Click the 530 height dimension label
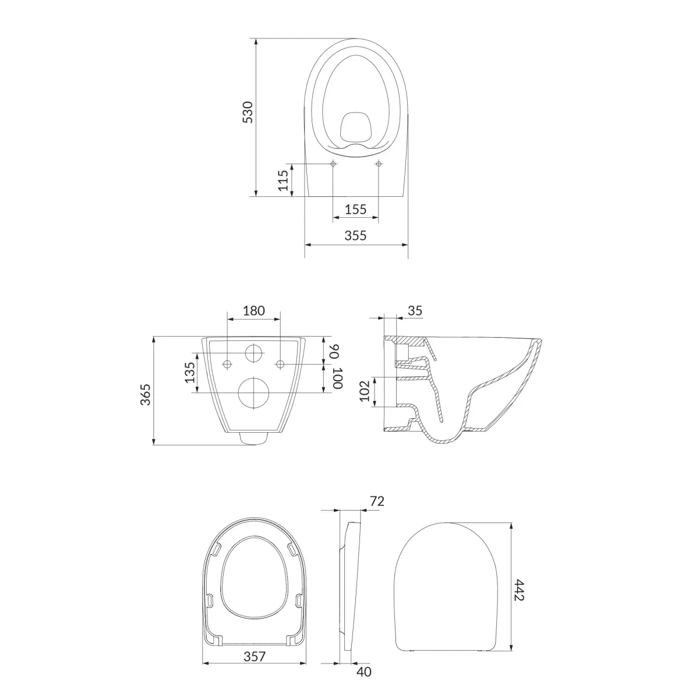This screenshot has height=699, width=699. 248,112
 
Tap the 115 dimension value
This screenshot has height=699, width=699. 283,180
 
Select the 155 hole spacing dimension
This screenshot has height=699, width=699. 355,209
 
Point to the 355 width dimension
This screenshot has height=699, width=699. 355,235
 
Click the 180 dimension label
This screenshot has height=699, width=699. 253,310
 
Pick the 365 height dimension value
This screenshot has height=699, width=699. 145,394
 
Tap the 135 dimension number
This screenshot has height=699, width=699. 190,372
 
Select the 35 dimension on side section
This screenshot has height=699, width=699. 415,310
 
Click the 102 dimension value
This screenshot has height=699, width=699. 364,391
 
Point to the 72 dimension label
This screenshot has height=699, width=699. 377,502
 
